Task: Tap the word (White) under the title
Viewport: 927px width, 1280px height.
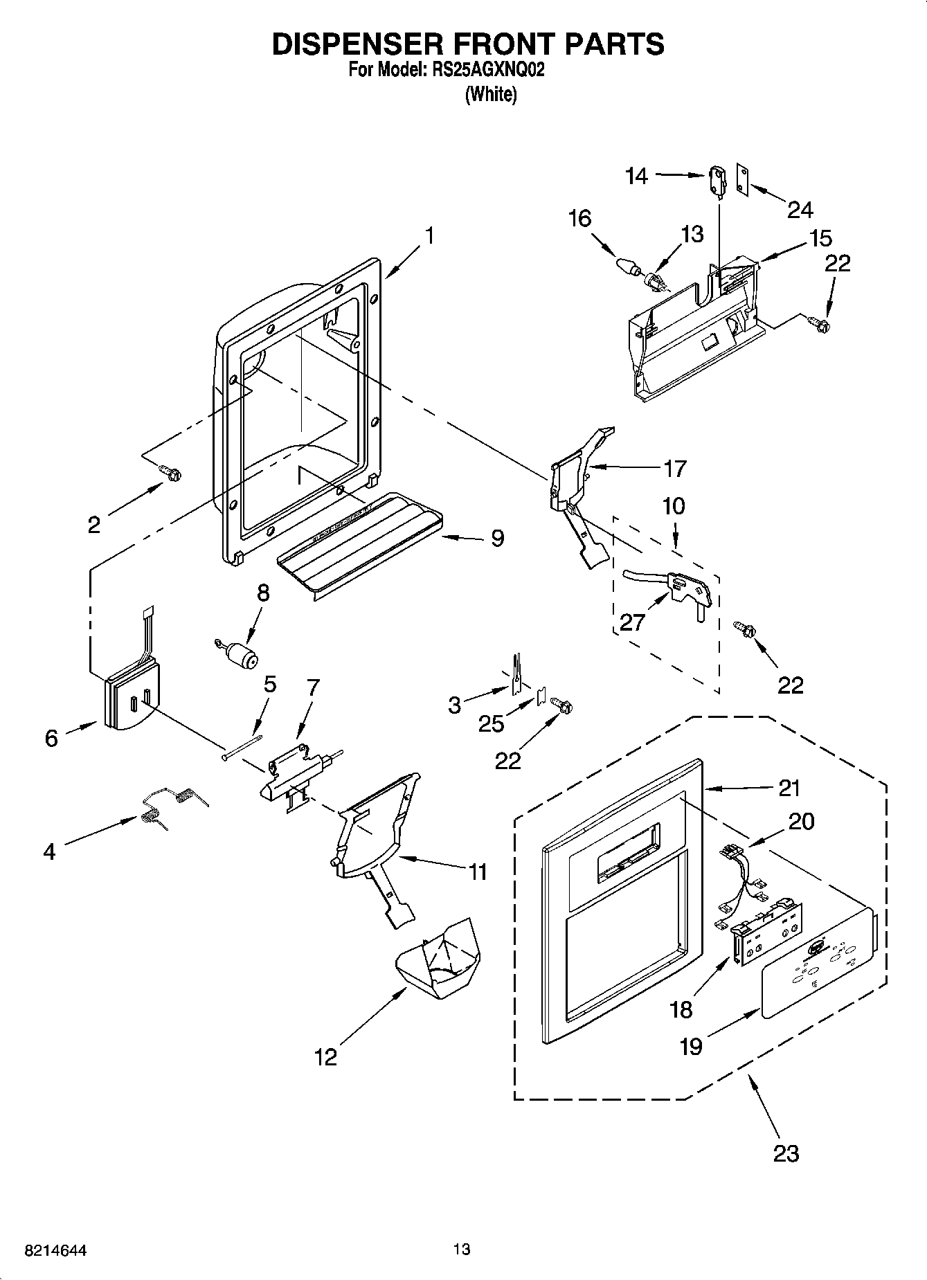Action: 491,95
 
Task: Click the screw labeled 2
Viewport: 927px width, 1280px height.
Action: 170,472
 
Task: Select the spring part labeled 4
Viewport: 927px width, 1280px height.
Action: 173,805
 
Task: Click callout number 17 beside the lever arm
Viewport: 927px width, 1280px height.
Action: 674,469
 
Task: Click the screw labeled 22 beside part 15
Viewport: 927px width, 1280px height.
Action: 820,321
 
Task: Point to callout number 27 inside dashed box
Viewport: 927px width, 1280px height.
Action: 632,622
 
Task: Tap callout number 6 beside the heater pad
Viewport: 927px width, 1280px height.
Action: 51,737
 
